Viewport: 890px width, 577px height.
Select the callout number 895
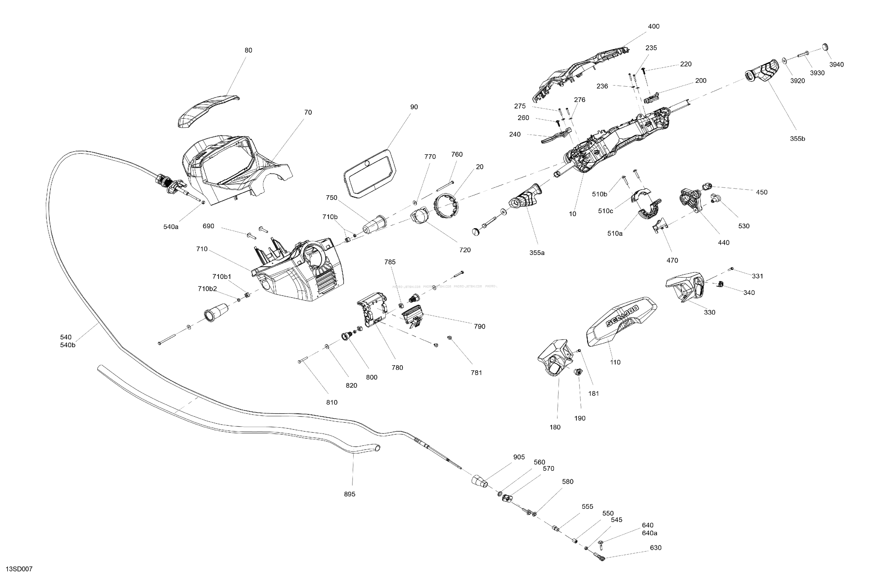[350, 494]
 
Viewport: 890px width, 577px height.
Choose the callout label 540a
[171, 227]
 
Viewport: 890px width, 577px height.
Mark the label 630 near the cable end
[656, 548]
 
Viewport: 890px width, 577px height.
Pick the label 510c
[605, 211]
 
